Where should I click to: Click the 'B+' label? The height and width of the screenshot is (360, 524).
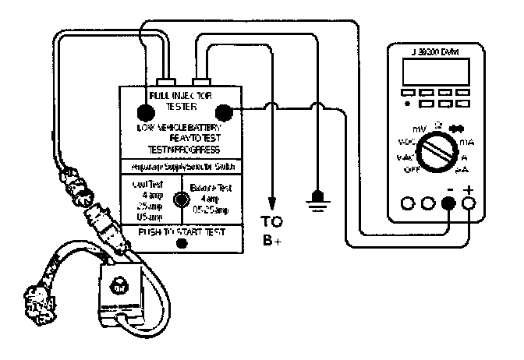[272, 239]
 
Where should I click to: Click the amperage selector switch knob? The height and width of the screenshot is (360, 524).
[181, 199]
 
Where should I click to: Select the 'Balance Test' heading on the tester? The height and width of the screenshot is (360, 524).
[211, 186]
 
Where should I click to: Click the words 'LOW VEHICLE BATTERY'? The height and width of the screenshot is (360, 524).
[182, 128]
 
